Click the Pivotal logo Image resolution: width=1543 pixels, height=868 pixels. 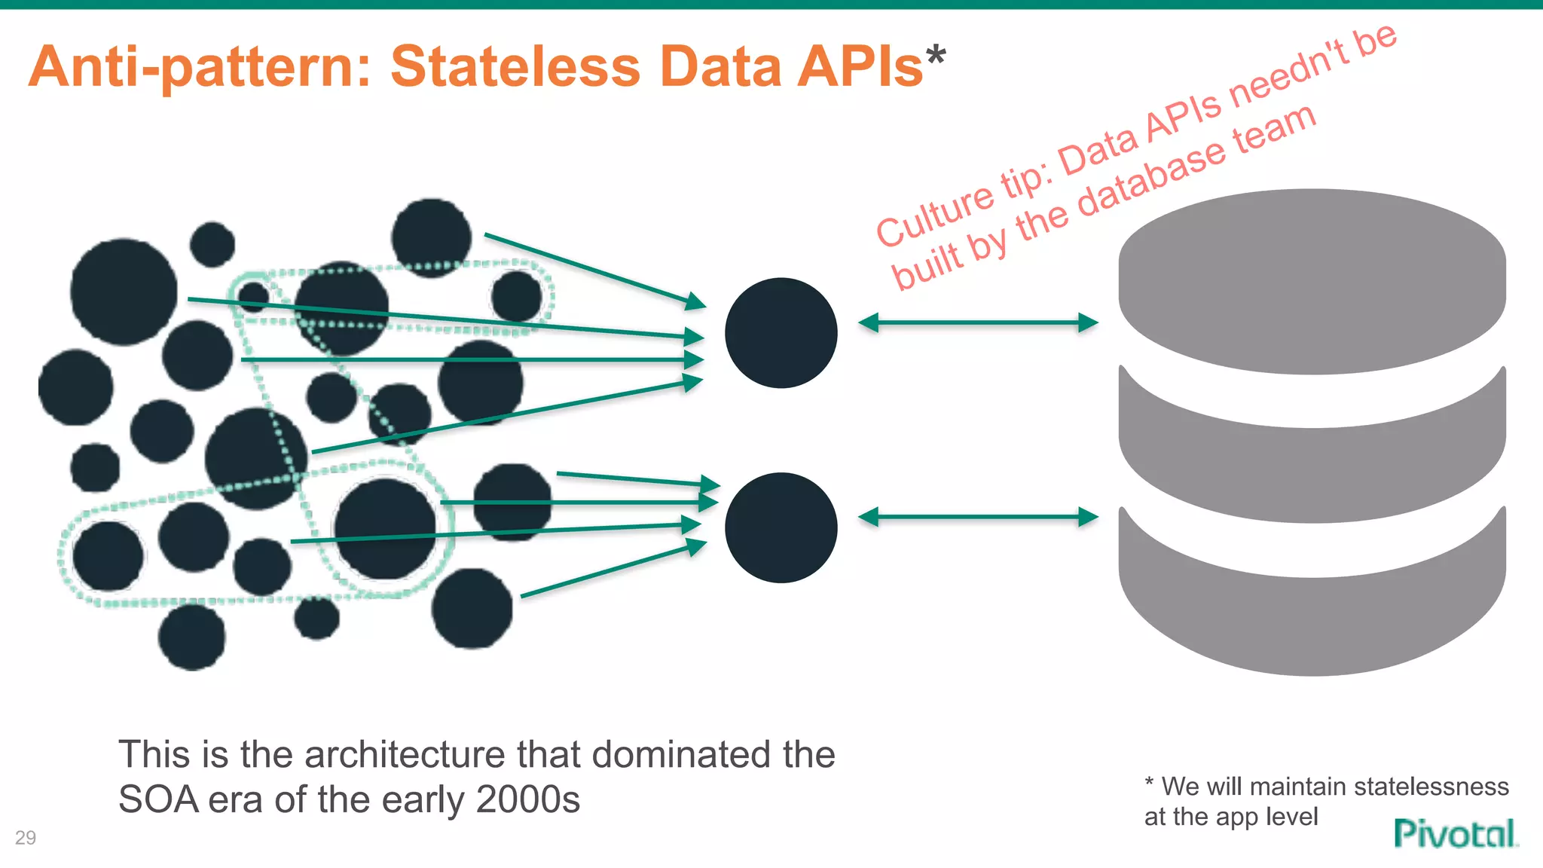pos(1455,833)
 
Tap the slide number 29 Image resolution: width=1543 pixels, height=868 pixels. pos(26,837)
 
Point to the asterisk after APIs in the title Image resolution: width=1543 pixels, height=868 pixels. pos(936,56)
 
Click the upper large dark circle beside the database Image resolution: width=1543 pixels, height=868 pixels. pos(781,333)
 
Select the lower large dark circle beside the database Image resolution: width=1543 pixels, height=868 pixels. pos(781,527)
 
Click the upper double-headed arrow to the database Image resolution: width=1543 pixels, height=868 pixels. pos(978,322)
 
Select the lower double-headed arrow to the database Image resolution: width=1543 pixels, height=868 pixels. pos(978,517)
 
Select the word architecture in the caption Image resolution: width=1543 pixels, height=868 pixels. pos(404,754)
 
